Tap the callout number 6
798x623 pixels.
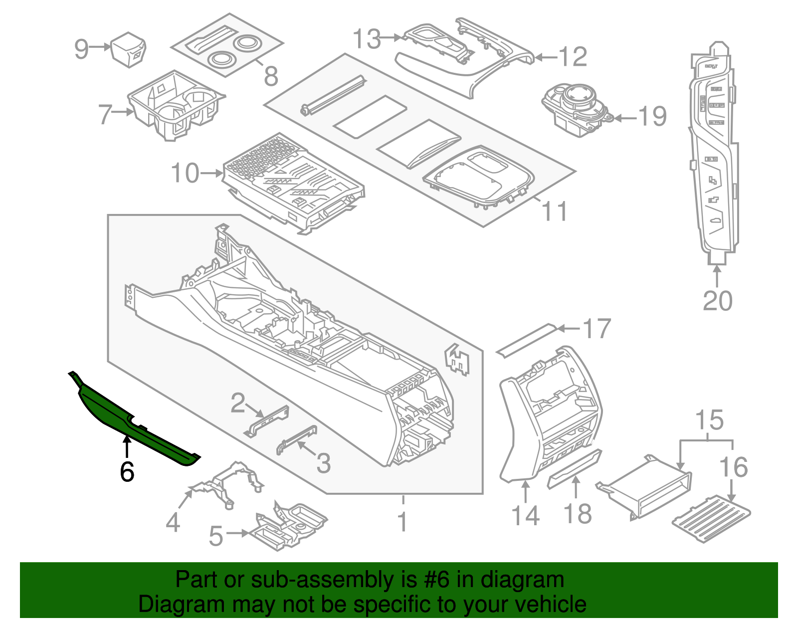pyautogui.click(x=127, y=471)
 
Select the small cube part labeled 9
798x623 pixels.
pyautogui.click(x=128, y=49)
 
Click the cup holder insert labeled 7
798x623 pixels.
pyautogui.click(x=175, y=106)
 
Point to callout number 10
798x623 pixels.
pyautogui.click(x=185, y=173)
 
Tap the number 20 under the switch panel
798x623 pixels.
pyautogui.click(x=717, y=301)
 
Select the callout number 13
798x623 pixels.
pyautogui.click(x=367, y=39)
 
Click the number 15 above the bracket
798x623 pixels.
pyautogui.click(x=709, y=420)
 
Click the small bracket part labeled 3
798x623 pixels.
pyautogui.click(x=297, y=439)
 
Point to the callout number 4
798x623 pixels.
pyautogui.click(x=173, y=523)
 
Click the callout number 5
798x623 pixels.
pyautogui.click(x=215, y=536)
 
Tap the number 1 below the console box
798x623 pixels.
pyautogui.click(x=402, y=522)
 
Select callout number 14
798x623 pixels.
pyautogui.click(x=526, y=515)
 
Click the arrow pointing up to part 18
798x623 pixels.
pyautogui.click(x=576, y=487)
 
